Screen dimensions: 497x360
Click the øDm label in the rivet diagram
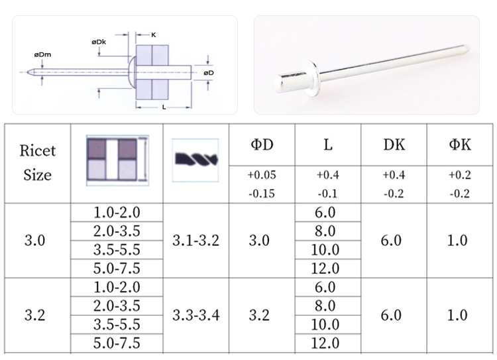(43, 54)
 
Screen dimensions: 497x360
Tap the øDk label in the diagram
(99, 42)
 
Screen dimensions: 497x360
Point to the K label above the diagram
(154, 34)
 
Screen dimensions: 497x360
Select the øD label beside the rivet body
(209, 73)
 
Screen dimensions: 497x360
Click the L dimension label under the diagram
(164, 107)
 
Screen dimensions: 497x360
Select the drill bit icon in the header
(195, 160)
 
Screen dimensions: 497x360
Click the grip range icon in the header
(117, 160)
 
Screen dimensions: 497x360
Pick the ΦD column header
(262, 145)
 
